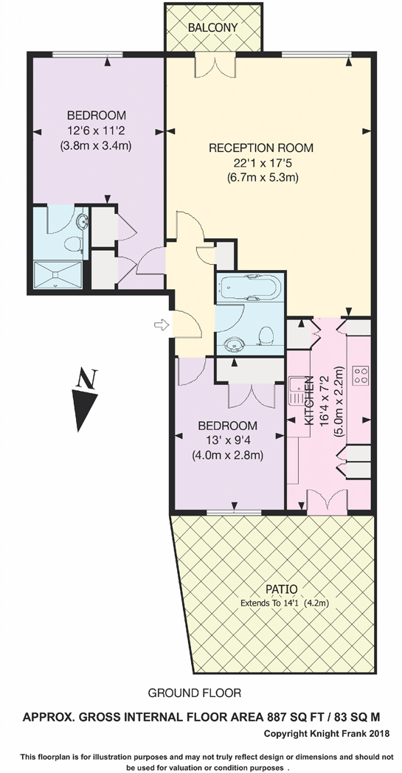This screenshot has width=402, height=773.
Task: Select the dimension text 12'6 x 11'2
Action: click(96, 130)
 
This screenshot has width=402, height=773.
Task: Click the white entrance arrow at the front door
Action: click(160, 324)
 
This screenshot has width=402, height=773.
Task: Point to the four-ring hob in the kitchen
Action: click(361, 375)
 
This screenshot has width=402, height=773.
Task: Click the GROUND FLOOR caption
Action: click(194, 693)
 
